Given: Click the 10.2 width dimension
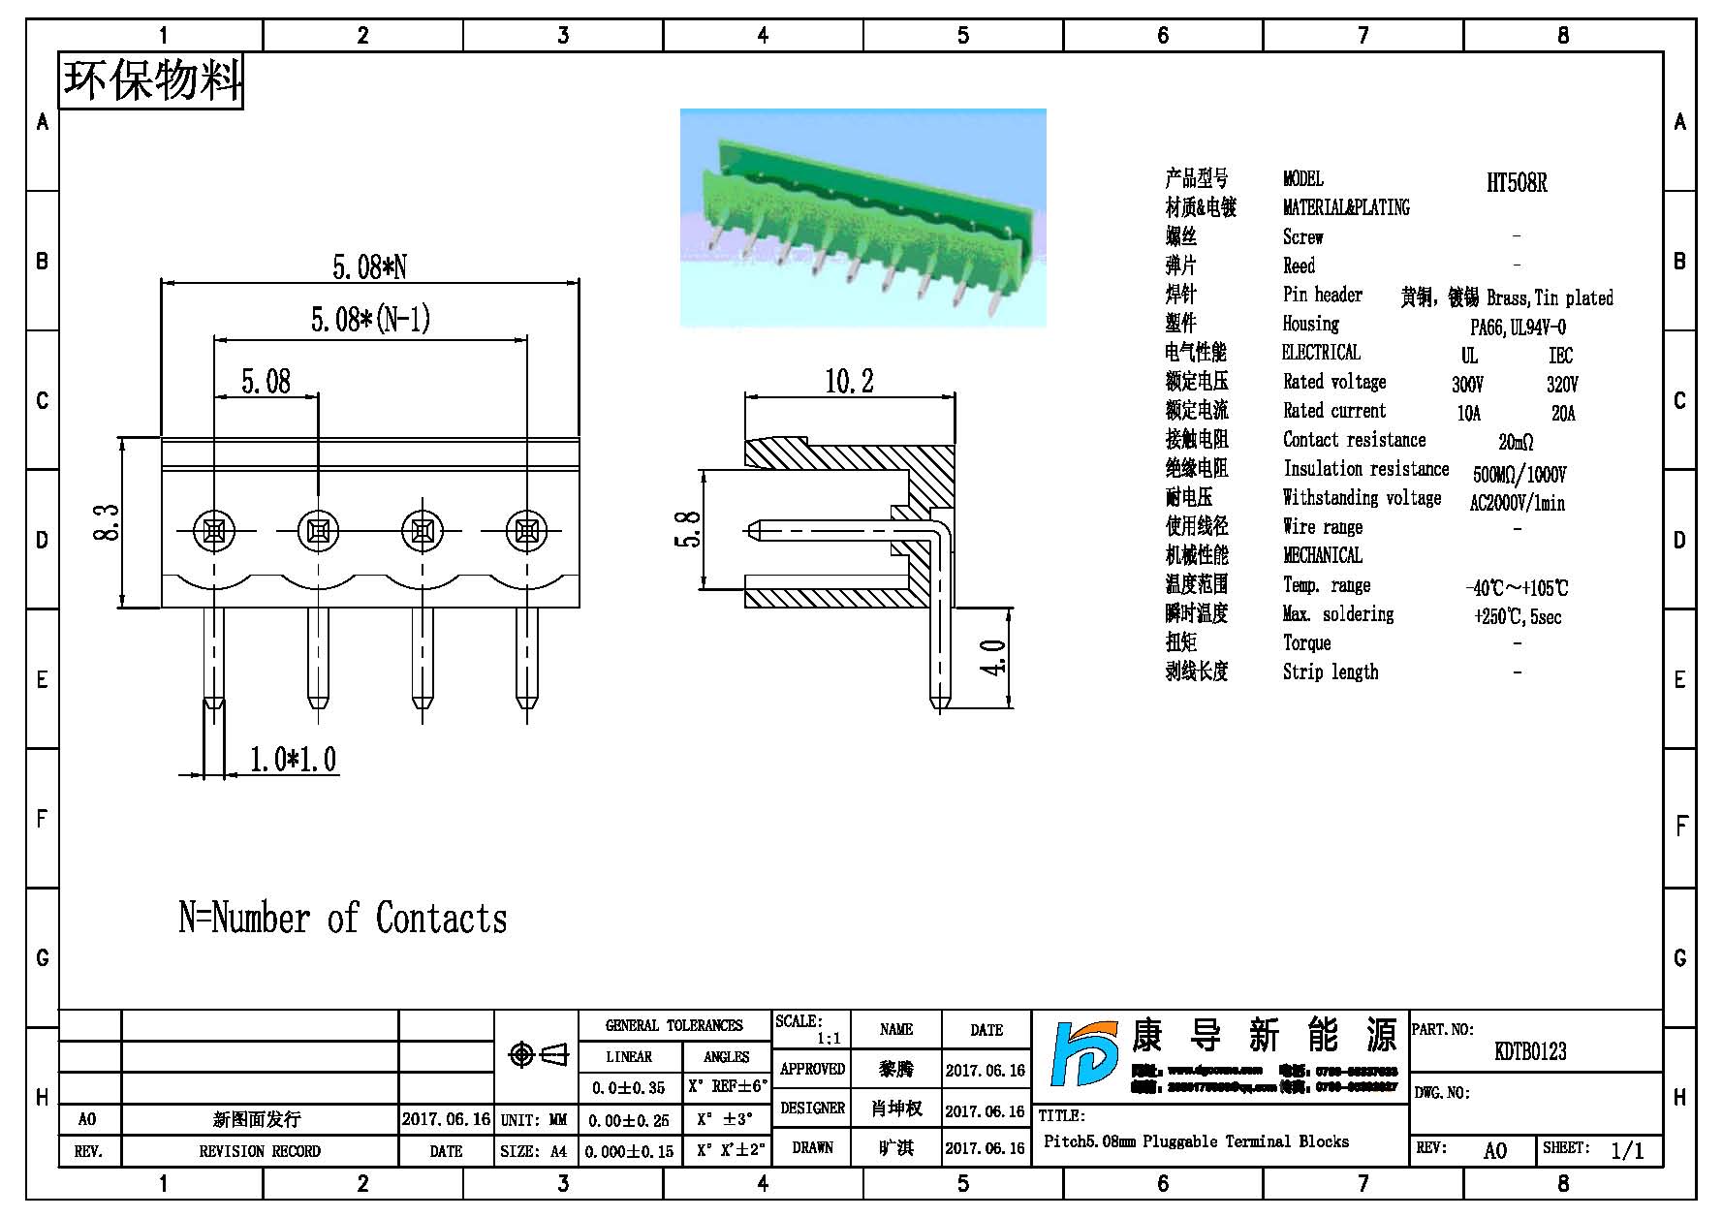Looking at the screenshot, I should pyautogui.click(x=849, y=382).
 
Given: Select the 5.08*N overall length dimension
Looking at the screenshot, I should pyautogui.click(x=369, y=266).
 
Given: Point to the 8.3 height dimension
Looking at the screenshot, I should pyautogui.click(x=108, y=522).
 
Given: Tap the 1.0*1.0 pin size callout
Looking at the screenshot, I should pyautogui.click(x=293, y=760).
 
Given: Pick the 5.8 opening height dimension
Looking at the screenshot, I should pyautogui.click(x=687, y=529).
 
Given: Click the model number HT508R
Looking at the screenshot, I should pyautogui.click(x=1517, y=182).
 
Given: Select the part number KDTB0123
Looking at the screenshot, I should pyautogui.click(x=1530, y=1051).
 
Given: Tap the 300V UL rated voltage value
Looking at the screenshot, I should pyautogui.click(x=1467, y=385).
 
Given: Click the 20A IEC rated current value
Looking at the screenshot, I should pyautogui.click(x=1563, y=414).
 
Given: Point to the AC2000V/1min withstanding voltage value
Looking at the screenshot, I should pyautogui.click(x=1517, y=503).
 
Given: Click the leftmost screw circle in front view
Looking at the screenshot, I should pyautogui.click(x=213, y=530).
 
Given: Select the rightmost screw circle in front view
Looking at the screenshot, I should pyautogui.click(x=526, y=530).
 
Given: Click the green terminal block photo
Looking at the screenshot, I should pyautogui.click(x=862, y=218).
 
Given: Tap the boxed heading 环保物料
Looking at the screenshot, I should pyautogui.click(x=152, y=80).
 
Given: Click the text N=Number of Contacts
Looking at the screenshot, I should pyautogui.click(x=343, y=919).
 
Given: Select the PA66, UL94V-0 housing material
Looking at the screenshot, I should pyautogui.click(x=1518, y=328).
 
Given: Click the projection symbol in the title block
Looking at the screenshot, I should pyautogui.click(x=538, y=1054).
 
